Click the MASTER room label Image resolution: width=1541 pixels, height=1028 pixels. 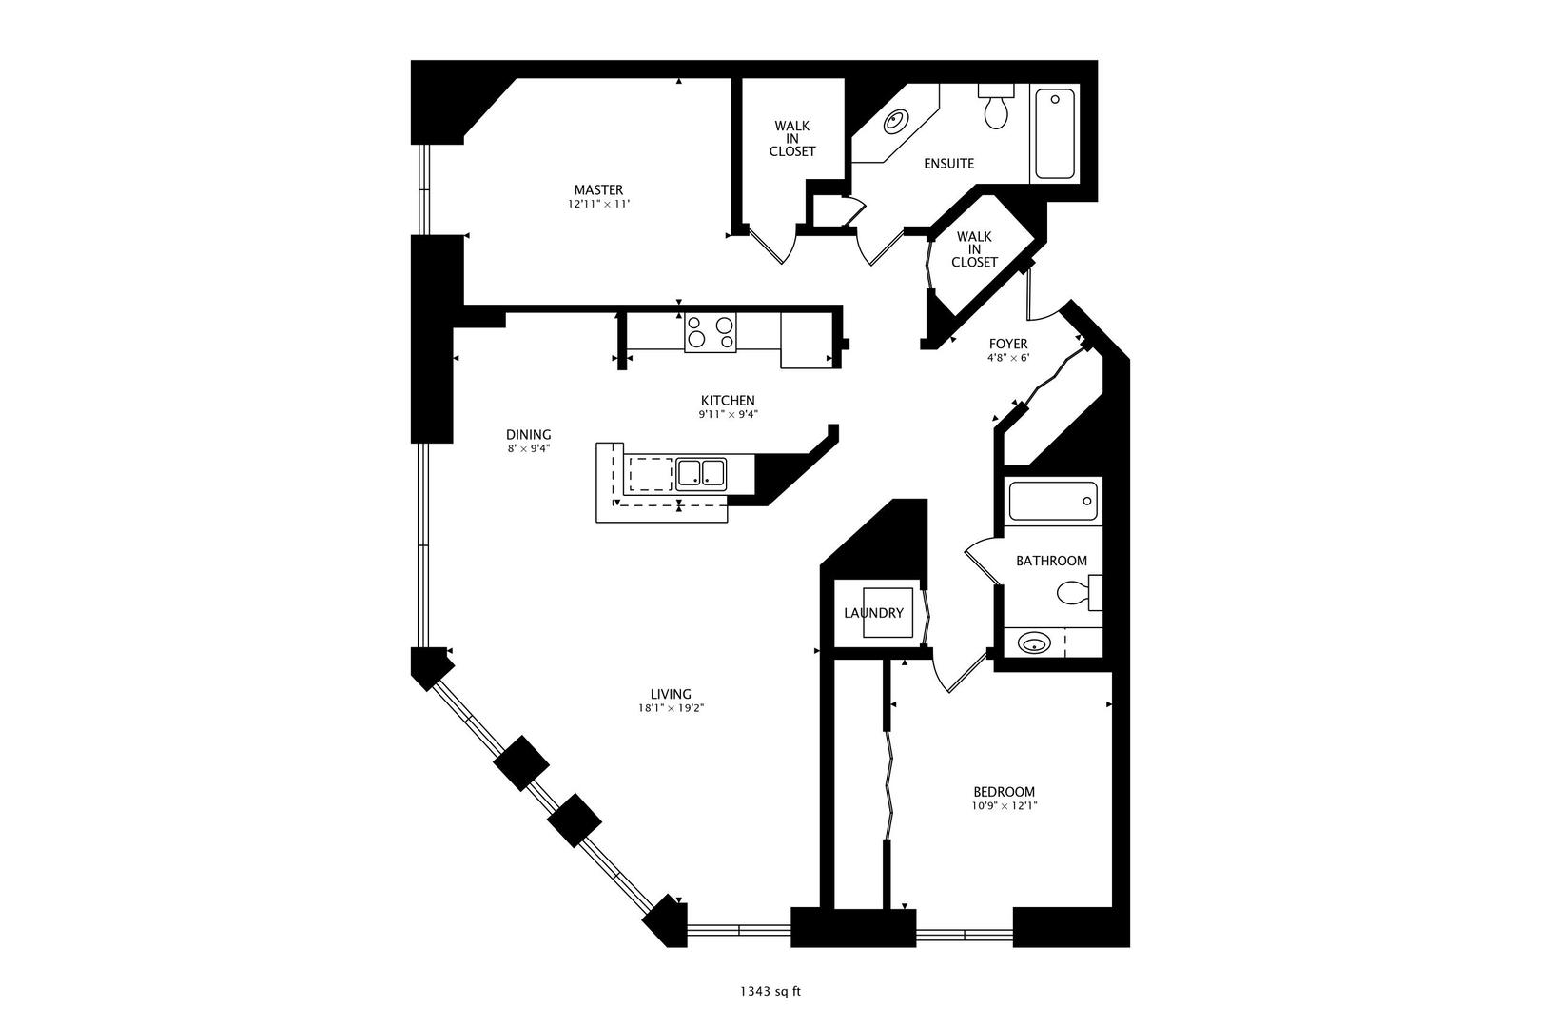pos(598,189)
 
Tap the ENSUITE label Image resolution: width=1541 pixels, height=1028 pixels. pos(948,164)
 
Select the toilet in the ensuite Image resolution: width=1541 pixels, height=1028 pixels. pos(996,109)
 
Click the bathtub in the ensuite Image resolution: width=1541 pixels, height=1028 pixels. pos(1054,133)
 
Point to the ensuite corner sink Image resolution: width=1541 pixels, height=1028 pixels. pos(895,122)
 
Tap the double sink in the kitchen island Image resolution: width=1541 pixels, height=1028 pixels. pos(701,472)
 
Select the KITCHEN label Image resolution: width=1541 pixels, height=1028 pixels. pos(728,401)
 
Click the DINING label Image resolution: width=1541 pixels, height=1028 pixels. pos(528,435)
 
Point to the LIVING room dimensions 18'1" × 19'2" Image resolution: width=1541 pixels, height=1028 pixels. pos(672,708)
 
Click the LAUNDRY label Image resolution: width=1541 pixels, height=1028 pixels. pos(873,613)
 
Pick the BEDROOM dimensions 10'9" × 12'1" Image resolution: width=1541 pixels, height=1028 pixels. pos(1004,806)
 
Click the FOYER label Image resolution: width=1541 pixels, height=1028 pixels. pos(1008,344)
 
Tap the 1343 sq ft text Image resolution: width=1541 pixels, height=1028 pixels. pos(770,992)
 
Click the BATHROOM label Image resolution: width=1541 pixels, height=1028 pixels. pos(1051,561)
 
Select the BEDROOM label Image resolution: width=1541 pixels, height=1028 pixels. pos(1004,792)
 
